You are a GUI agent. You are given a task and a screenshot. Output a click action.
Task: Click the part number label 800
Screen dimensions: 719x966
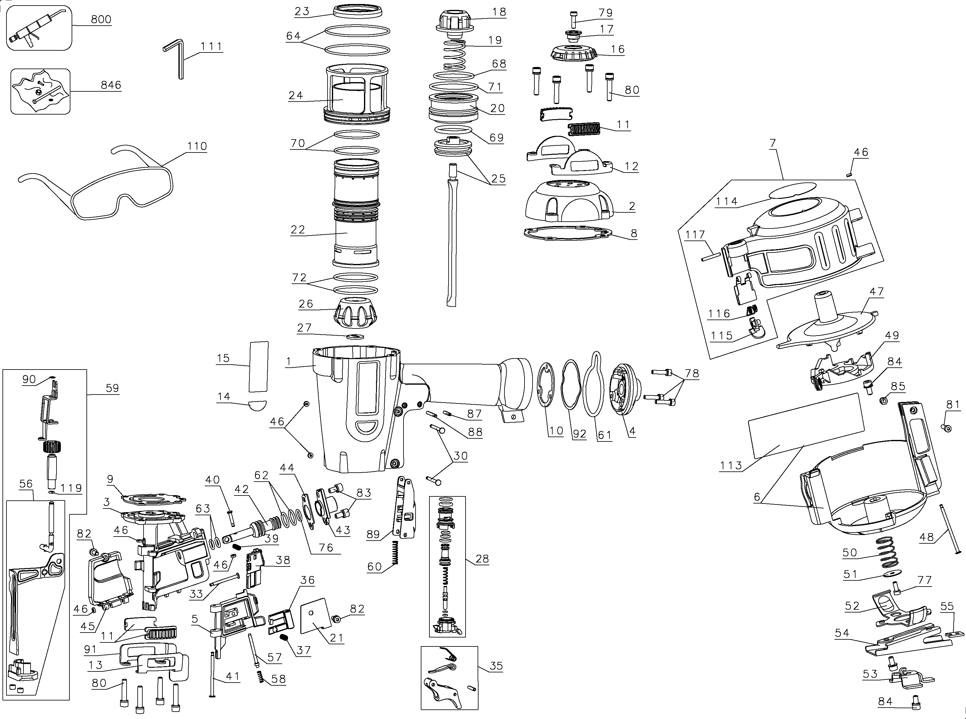101,19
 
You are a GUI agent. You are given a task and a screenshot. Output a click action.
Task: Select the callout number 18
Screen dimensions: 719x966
499,12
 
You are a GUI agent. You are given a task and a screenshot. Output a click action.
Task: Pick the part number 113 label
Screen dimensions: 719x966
730,465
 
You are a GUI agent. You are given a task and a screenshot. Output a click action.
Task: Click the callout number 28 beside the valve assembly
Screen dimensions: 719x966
482,558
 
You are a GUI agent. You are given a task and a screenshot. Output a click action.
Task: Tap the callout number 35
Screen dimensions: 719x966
496,666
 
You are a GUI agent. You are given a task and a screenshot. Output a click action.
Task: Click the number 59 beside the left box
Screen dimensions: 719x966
112,388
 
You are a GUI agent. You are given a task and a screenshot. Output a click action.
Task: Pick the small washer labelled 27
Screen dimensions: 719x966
356,337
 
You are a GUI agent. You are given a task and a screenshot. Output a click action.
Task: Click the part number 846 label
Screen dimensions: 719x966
111,85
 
